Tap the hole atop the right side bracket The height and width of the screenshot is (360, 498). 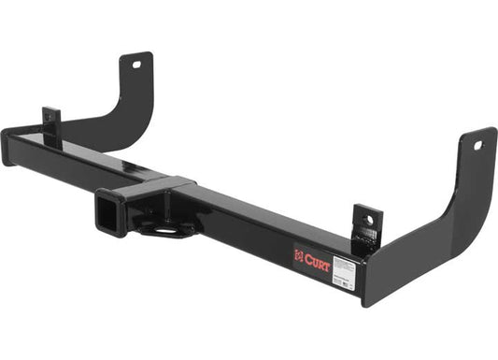click(x=477, y=145)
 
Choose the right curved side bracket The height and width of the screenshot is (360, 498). click(x=439, y=224)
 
